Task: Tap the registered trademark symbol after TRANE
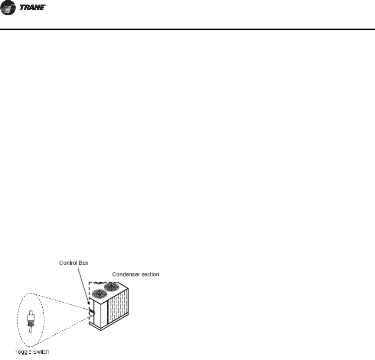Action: (46, 4)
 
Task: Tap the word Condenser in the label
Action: (125, 274)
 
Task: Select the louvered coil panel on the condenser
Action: (118, 307)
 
